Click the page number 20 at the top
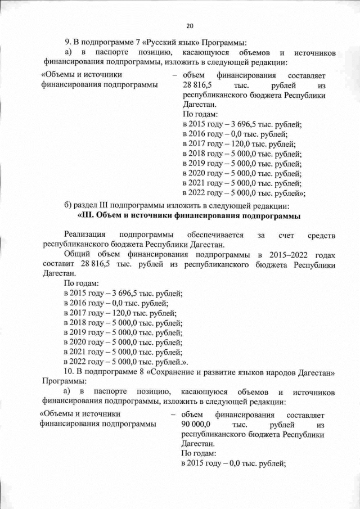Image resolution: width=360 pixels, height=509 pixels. [190, 26]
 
